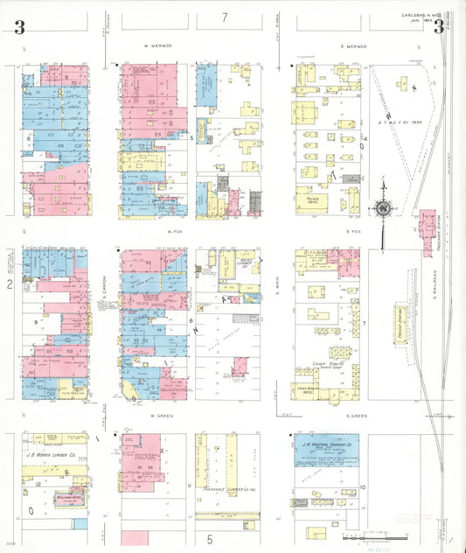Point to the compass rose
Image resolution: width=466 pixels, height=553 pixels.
pyautogui.click(x=382, y=209)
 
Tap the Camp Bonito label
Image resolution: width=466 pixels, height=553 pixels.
pyautogui.click(x=324, y=363)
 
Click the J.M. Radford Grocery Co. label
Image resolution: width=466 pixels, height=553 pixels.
pyautogui.click(x=326, y=443)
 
